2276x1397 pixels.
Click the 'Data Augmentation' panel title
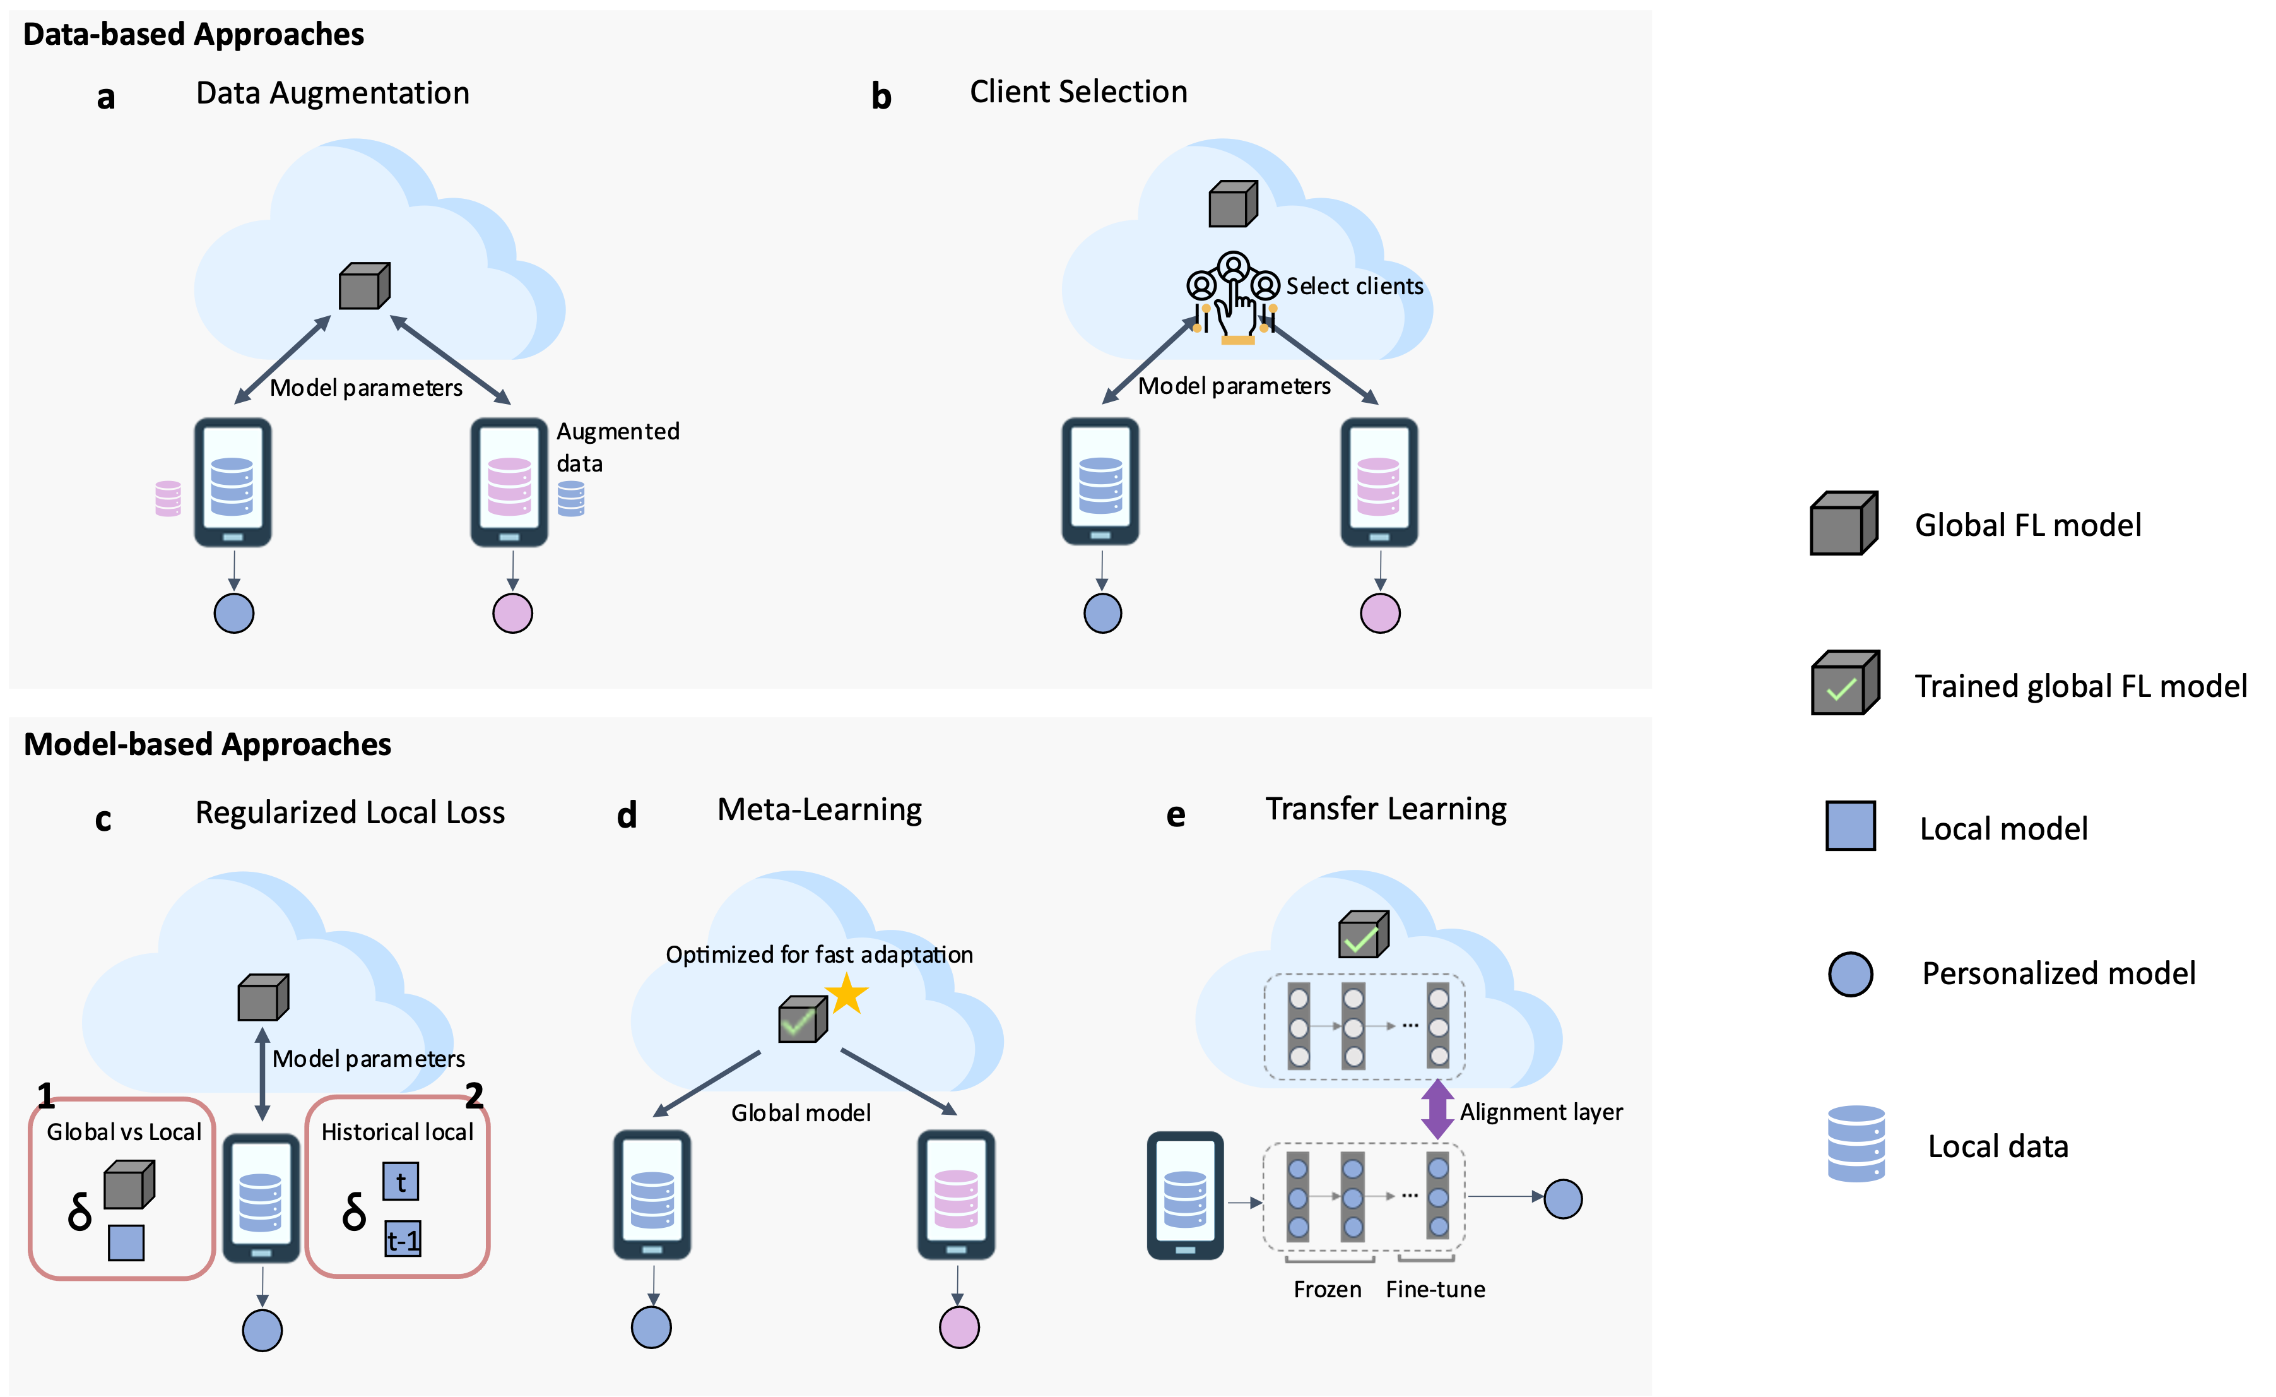(333, 93)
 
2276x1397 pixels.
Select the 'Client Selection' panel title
(1078, 92)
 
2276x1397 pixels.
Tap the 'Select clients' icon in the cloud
(1233, 295)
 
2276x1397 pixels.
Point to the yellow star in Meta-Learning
(846, 995)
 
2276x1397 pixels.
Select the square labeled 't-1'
(403, 1239)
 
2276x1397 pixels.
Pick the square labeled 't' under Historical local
(401, 1182)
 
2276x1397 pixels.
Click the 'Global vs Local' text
(124, 1132)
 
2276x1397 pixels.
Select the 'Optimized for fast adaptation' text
(818, 954)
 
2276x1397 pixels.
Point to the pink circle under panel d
(959, 1328)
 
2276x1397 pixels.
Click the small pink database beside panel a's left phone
(168, 499)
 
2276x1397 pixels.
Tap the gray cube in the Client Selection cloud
(1233, 204)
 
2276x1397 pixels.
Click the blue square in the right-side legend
(1850, 825)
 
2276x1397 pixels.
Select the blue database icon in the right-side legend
(1856, 1144)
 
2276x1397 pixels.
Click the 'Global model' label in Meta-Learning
(801, 1112)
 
